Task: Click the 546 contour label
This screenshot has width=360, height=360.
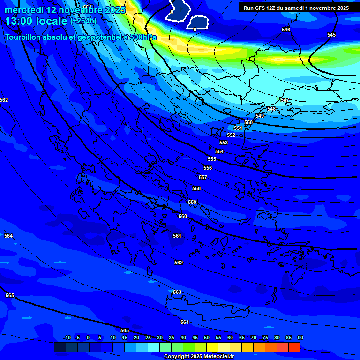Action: click(x=286, y=30)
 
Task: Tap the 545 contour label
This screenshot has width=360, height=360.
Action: click(x=331, y=35)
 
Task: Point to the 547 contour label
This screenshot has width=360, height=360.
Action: click(x=285, y=100)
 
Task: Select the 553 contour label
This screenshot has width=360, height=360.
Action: click(x=224, y=143)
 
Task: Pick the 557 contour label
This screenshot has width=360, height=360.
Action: click(x=203, y=178)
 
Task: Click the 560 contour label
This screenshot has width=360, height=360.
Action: click(x=183, y=217)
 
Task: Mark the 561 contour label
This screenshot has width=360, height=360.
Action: click(x=177, y=236)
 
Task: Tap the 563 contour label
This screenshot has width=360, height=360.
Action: click(x=177, y=292)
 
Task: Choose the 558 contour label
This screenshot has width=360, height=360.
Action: click(x=196, y=189)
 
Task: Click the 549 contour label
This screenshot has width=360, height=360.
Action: click(x=260, y=116)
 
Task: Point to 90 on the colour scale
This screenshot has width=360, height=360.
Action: click(x=300, y=337)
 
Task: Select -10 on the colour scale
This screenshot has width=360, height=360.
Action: click(x=67, y=337)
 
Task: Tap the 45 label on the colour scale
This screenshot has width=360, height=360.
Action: click(x=195, y=337)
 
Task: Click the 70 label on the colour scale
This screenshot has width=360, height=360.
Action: click(x=254, y=337)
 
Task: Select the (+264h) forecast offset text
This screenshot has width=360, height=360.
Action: click(x=83, y=21)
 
